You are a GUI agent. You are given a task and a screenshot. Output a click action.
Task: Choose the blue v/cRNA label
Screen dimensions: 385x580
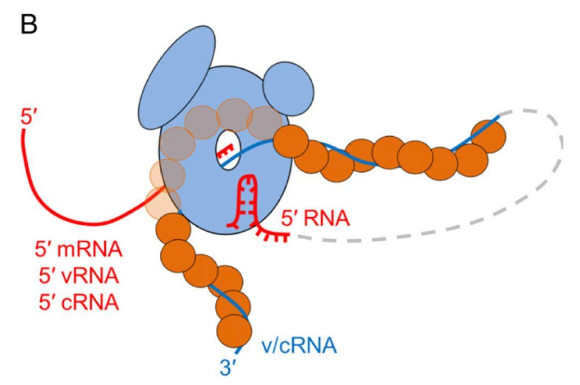tap(300, 345)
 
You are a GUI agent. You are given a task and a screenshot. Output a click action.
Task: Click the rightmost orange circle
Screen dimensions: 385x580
tap(489, 136)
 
